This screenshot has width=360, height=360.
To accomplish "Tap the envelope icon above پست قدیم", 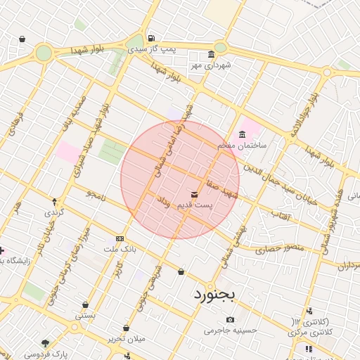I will point(194,193).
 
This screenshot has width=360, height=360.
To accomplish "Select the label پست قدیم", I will point(193,204).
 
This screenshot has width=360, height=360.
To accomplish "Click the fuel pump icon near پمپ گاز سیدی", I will point(150,38).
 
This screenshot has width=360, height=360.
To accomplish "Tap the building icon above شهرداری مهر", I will point(211,56).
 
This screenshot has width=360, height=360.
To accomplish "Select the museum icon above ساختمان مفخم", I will point(243,134).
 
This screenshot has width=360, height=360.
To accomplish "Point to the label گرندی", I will point(54,212).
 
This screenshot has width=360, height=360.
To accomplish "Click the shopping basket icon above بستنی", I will point(85,305).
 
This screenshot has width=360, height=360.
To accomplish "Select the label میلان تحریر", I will point(127,339).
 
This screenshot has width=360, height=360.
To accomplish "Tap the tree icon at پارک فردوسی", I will point(46,343).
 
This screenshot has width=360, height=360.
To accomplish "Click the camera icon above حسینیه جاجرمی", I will point(231,320).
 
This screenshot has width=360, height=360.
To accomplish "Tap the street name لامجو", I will point(96,193).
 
